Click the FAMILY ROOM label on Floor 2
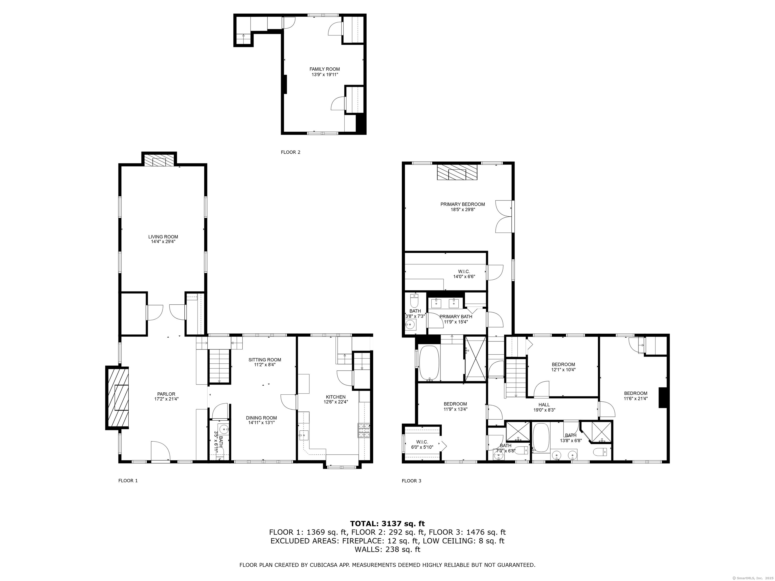tap(324, 69)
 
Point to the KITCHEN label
tap(335, 397)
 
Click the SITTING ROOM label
tap(265, 360)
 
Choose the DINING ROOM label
tap(261, 418)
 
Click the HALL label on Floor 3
tap(544, 404)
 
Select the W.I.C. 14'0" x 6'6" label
tap(464, 274)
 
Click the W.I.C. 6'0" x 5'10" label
tap(422, 444)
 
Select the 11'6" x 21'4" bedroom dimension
tap(635, 398)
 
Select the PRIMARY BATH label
tap(456, 316)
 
